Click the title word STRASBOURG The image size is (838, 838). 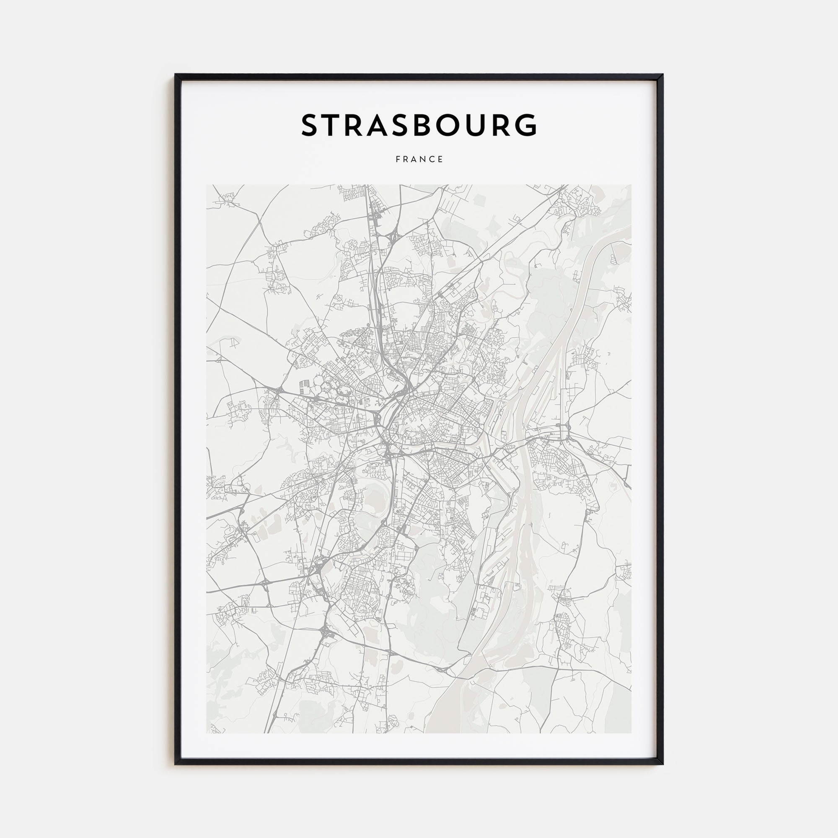click(419, 125)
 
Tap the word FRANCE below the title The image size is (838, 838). click(419, 159)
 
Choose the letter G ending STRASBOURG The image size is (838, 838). click(526, 125)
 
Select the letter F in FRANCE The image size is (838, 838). click(398, 159)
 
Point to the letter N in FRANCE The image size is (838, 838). click(422, 159)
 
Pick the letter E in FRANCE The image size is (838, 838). click(440, 159)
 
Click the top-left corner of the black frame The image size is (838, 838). click(176, 75)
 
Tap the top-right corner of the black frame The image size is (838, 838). click(662, 75)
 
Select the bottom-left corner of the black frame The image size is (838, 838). click(176, 763)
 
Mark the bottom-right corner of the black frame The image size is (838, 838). click(662, 763)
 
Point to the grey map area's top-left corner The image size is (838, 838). click(207, 185)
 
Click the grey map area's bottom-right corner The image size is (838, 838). click(631, 733)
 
